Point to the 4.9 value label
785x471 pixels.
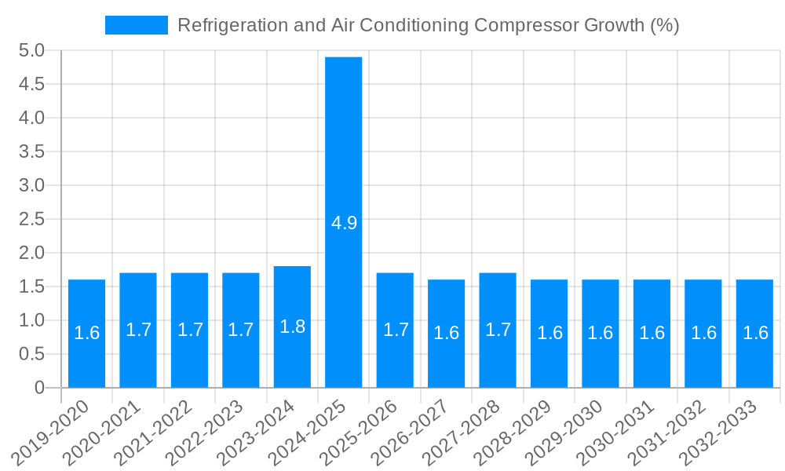(344, 223)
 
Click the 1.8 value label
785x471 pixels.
(292, 327)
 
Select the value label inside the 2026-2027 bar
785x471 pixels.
(446, 333)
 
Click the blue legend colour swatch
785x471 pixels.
(137, 25)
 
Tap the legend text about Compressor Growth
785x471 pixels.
(428, 25)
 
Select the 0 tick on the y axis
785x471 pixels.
(39, 388)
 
